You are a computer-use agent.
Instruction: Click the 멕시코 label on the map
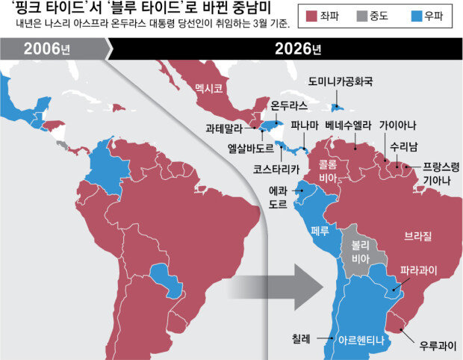[208, 88]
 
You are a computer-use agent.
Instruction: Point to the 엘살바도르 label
[251, 147]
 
